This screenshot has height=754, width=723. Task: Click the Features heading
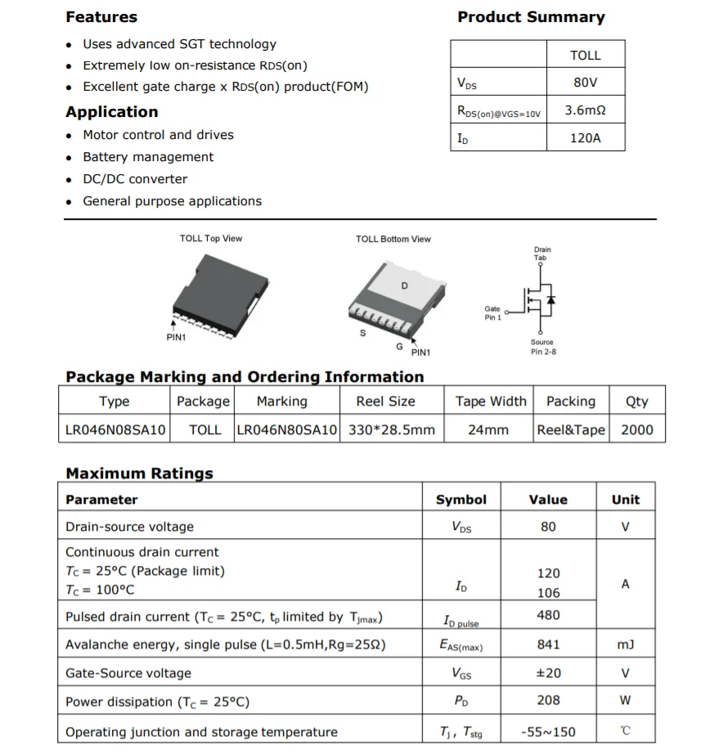(x=101, y=17)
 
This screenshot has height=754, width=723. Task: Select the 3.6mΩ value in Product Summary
(x=585, y=110)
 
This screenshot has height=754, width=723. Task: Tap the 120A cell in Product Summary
(x=585, y=138)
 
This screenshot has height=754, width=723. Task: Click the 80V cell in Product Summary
(x=585, y=83)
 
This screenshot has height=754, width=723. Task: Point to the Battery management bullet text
(x=148, y=157)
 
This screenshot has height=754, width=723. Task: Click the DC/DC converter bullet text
(x=135, y=179)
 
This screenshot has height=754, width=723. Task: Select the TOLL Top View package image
(x=215, y=290)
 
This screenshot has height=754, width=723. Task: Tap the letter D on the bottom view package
(x=404, y=286)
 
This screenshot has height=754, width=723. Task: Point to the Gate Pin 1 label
(x=492, y=313)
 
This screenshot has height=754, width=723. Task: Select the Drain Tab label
(x=542, y=254)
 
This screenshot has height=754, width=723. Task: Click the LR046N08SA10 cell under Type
(x=115, y=429)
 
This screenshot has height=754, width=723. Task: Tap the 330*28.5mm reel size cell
(x=392, y=429)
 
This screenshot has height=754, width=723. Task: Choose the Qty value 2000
(x=636, y=429)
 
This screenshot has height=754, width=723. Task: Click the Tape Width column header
(x=491, y=402)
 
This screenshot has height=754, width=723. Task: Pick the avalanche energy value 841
(x=548, y=644)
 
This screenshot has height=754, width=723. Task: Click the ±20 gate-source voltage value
(x=548, y=673)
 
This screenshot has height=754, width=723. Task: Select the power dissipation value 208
(x=548, y=701)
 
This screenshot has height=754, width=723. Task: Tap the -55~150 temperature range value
(x=548, y=732)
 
